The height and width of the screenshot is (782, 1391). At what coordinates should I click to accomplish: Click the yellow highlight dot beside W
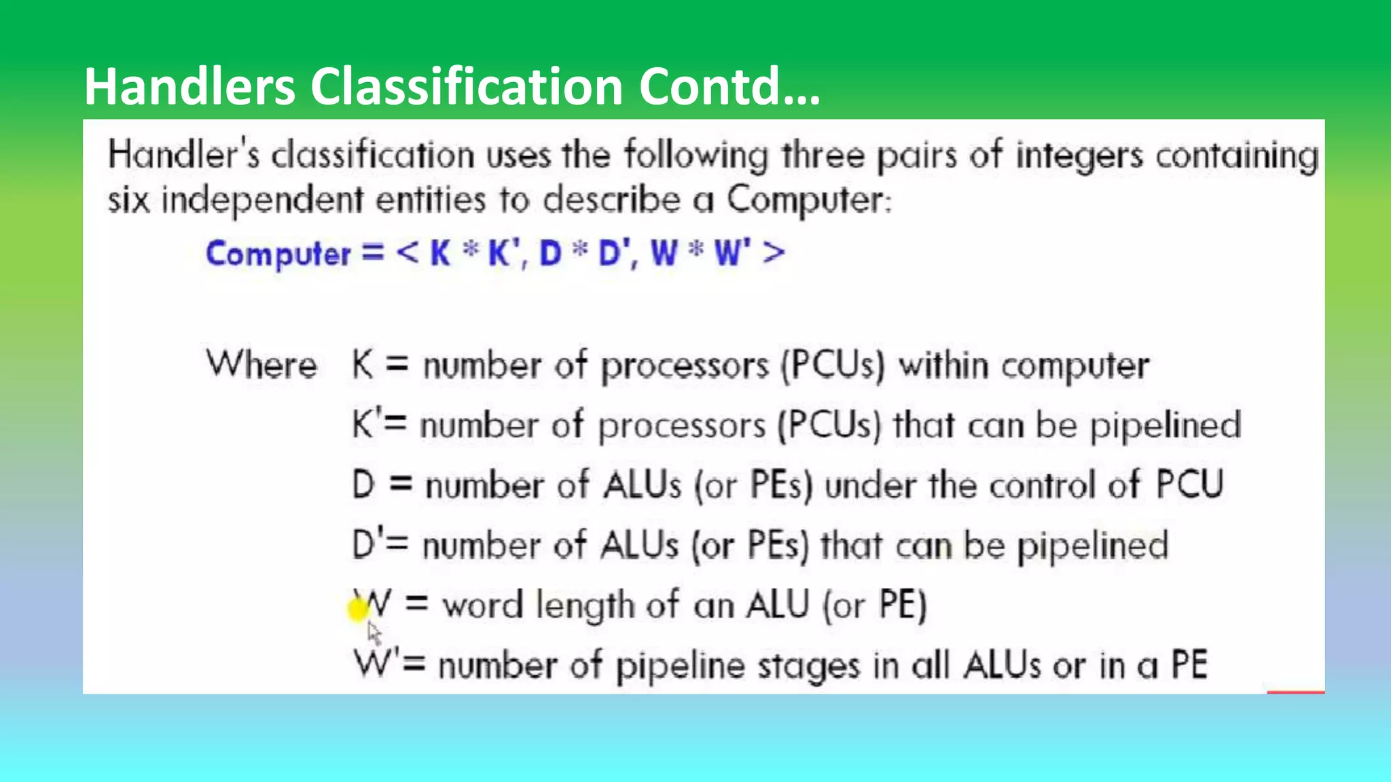[x=357, y=609]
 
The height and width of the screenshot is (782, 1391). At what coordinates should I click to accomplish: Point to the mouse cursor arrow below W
[x=374, y=633]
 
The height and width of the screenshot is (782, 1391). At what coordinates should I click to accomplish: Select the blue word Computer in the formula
[x=278, y=254]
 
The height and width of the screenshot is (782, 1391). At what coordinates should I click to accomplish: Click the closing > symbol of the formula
[x=774, y=253]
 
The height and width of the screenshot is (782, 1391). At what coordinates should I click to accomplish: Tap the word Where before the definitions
[x=261, y=365]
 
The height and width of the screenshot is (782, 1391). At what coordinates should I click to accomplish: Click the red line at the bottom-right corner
[x=1295, y=692]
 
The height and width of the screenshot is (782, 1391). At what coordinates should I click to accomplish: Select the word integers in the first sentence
[x=1079, y=156]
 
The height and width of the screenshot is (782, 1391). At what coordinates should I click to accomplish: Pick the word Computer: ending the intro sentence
[x=809, y=200]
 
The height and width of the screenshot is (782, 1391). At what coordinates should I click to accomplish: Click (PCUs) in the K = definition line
[x=833, y=366]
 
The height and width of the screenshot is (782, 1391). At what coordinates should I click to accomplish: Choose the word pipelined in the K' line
[x=1166, y=426]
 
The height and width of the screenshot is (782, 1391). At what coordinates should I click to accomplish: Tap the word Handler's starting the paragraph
[x=184, y=155]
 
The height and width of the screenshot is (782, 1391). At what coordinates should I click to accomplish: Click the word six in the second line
[x=128, y=200]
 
